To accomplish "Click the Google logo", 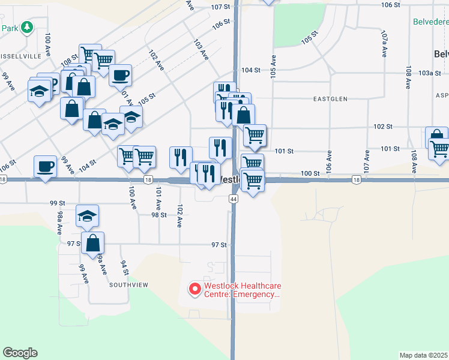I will click(x=20, y=353).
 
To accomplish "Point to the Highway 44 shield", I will click(x=233, y=199).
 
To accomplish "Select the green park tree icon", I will click(x=26, y=27).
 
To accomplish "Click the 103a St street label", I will click(x=426, y=73).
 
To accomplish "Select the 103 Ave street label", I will click(x=200, y=49).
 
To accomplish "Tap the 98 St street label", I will click(x=158, y=215).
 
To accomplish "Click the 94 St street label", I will click(x=124, y=268).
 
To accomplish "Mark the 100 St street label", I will click(x=310, y=173).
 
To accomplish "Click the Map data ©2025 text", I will click(x=424, y=355).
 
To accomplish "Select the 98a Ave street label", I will click(x=60, y=222).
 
